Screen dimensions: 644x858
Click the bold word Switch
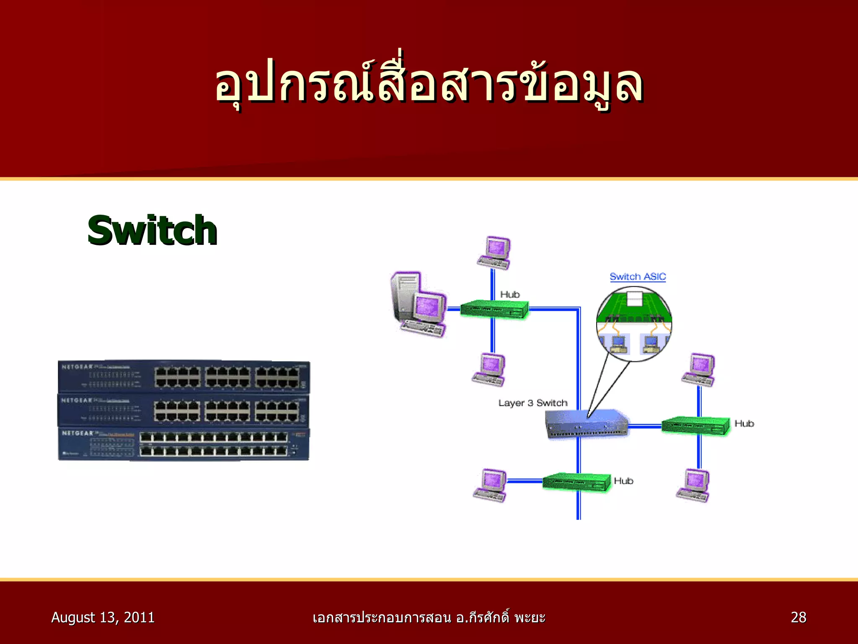point(152,231)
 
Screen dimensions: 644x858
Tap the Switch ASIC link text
point(638,277)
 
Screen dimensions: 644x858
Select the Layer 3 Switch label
point(532,403)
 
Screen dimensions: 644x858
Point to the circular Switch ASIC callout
point(634,324)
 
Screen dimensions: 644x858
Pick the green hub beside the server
point(494,309)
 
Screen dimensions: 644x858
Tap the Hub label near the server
point(510,295)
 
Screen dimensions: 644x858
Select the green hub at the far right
point(695,426)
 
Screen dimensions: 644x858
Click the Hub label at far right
point(744,423)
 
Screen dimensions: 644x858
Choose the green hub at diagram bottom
point(576,482)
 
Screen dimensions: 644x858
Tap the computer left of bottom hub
point(490,485)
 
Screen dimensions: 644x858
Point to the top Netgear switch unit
point(183,376)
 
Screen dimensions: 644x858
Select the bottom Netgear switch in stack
point(183,444)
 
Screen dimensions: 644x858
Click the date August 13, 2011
point(103,617)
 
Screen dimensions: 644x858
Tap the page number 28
point(798,617)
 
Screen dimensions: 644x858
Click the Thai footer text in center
point(429,618)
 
